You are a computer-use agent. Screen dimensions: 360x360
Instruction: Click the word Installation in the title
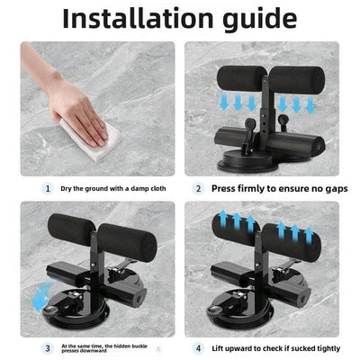138,19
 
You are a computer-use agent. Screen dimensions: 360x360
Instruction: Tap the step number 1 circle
48,189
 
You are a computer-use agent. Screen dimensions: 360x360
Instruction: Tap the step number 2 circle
198,189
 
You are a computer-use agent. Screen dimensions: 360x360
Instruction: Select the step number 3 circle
48,348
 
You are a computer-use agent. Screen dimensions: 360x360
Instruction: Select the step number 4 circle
198,348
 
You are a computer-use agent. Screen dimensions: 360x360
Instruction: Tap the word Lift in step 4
217,348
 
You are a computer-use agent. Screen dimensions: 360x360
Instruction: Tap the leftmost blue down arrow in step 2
224,103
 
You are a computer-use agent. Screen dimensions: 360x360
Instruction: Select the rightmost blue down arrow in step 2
310,105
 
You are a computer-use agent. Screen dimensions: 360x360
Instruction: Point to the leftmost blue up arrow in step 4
222,219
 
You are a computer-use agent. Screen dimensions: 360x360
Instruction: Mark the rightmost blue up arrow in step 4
309,236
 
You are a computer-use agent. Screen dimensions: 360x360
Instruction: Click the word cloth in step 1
157,189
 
